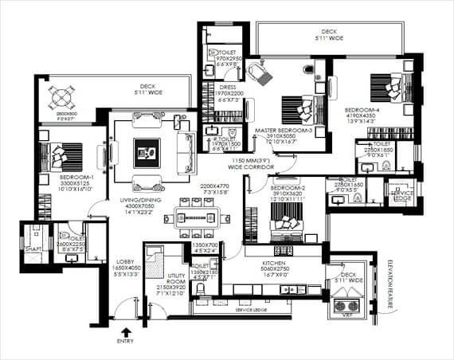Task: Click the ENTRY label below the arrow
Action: click(124, 341)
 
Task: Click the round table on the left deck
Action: click(62, 98)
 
